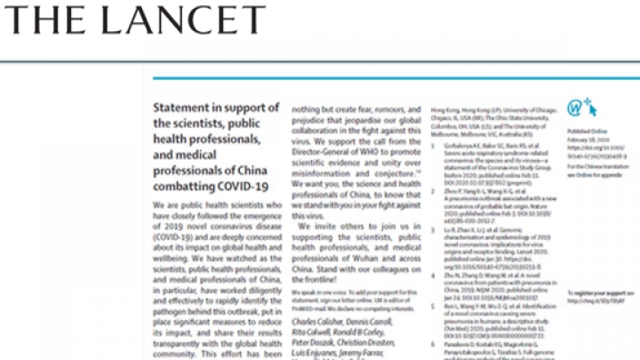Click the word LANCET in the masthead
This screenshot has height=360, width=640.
click(x=177, y=20)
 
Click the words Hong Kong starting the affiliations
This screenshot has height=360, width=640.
click(x=444, y=105)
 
